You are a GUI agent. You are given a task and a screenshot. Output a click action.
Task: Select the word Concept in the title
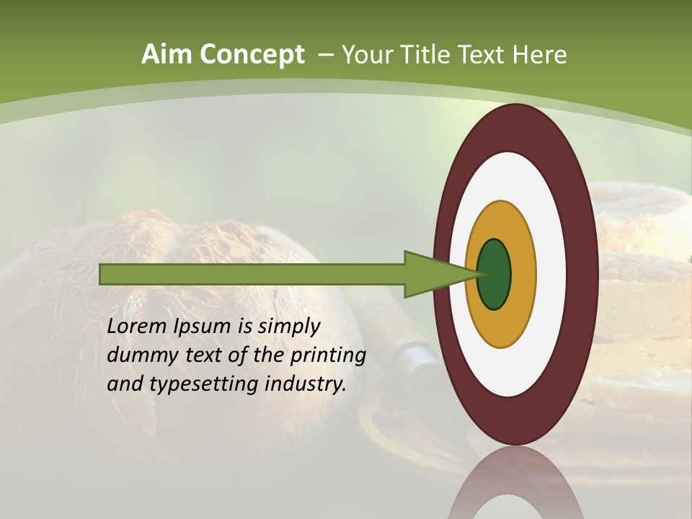tap(252, 55)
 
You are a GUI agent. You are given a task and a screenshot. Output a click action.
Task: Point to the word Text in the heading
tap(479, 55)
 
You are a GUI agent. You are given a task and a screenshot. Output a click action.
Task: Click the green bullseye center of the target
tap(494, 274)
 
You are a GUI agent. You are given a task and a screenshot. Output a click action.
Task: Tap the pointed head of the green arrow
tap(440, 274)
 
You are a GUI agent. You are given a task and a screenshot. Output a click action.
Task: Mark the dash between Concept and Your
tap(325, 56)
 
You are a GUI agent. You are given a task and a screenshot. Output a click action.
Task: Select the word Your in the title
tap(365, 55)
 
